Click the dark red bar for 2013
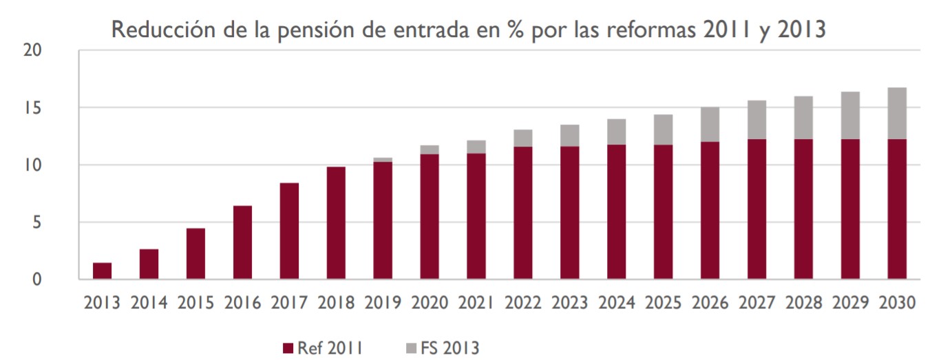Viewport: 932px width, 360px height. click(103, 271)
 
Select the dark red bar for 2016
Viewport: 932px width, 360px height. click(242, 242)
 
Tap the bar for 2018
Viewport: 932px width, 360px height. click(336, 223)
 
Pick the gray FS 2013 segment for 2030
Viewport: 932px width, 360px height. click(897, 114)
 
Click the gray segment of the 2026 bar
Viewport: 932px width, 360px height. click(710, 125)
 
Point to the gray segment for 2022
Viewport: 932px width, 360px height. click(522, 138)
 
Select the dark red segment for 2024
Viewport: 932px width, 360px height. click(616, 212)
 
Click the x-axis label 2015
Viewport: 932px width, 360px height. click(195, 303)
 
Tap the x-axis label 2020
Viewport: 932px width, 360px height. click(430, 303)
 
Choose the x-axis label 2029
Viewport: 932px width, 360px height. click(850, 303)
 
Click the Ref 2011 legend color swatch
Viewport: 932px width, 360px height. click(288, 348)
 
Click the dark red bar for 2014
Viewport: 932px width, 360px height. click(149, 264)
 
